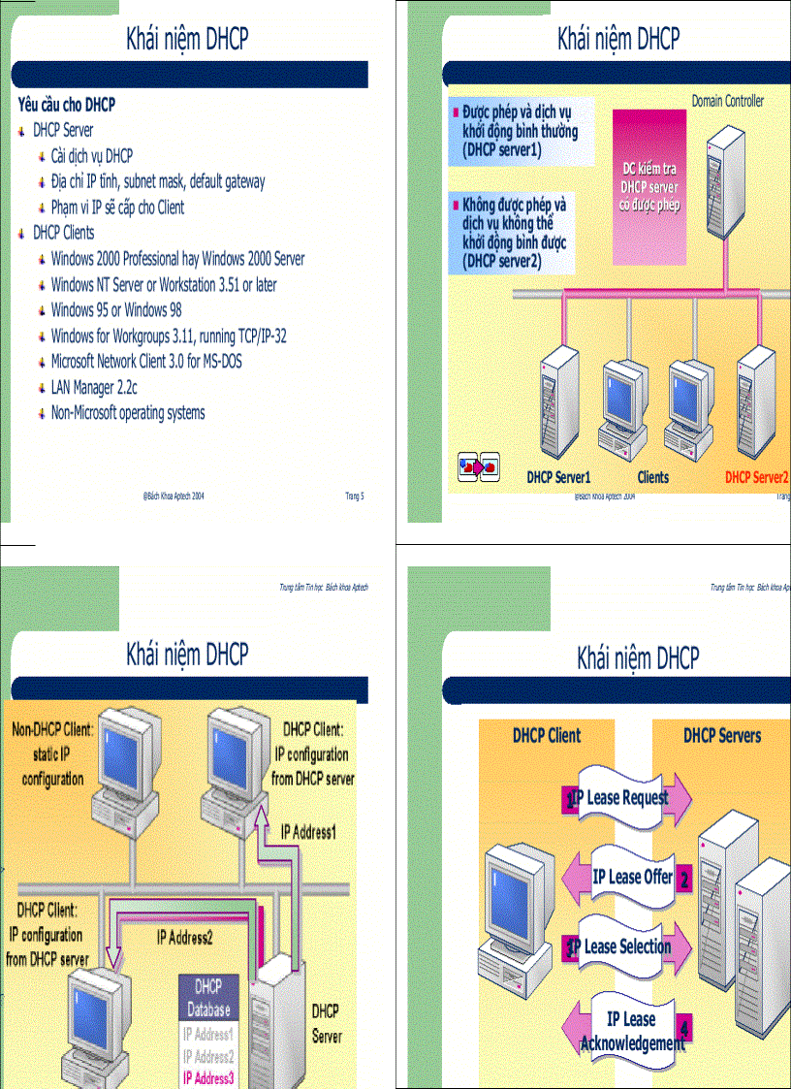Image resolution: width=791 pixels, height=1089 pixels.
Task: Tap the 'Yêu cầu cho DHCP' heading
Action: pyautogui.click(x=67, y=104)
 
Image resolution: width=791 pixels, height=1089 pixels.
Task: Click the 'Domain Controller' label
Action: pyautogui.click(x=727, y=101)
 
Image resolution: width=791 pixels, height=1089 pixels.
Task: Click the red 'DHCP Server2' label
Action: pyautogui.click(x=757, y=477)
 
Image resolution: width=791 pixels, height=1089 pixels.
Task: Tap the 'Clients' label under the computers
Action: pyautogui.click(x=653, y=477)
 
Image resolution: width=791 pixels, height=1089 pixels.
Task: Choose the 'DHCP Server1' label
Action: pyautogui.click(x=558, y=477)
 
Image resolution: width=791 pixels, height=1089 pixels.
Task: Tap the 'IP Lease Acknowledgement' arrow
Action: pyautogui.click(x=631, y=1031)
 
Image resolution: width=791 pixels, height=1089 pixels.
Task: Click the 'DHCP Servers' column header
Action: pyautogui.click(x=722, y=735)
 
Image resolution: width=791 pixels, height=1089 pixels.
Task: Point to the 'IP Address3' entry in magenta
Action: pyautogui.click(x=208, y=1076)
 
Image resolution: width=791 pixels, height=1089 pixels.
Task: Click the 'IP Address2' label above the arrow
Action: pyautogui.click(x=184, y=937)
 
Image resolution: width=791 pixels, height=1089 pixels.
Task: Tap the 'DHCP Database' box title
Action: pyautogui.click(x=208, y=997)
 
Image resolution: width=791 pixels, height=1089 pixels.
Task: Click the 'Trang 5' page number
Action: pyautogui.click(x=355, y=496)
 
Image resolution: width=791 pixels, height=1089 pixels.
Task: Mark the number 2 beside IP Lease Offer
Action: pyautogui.click(x=684, y=881)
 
